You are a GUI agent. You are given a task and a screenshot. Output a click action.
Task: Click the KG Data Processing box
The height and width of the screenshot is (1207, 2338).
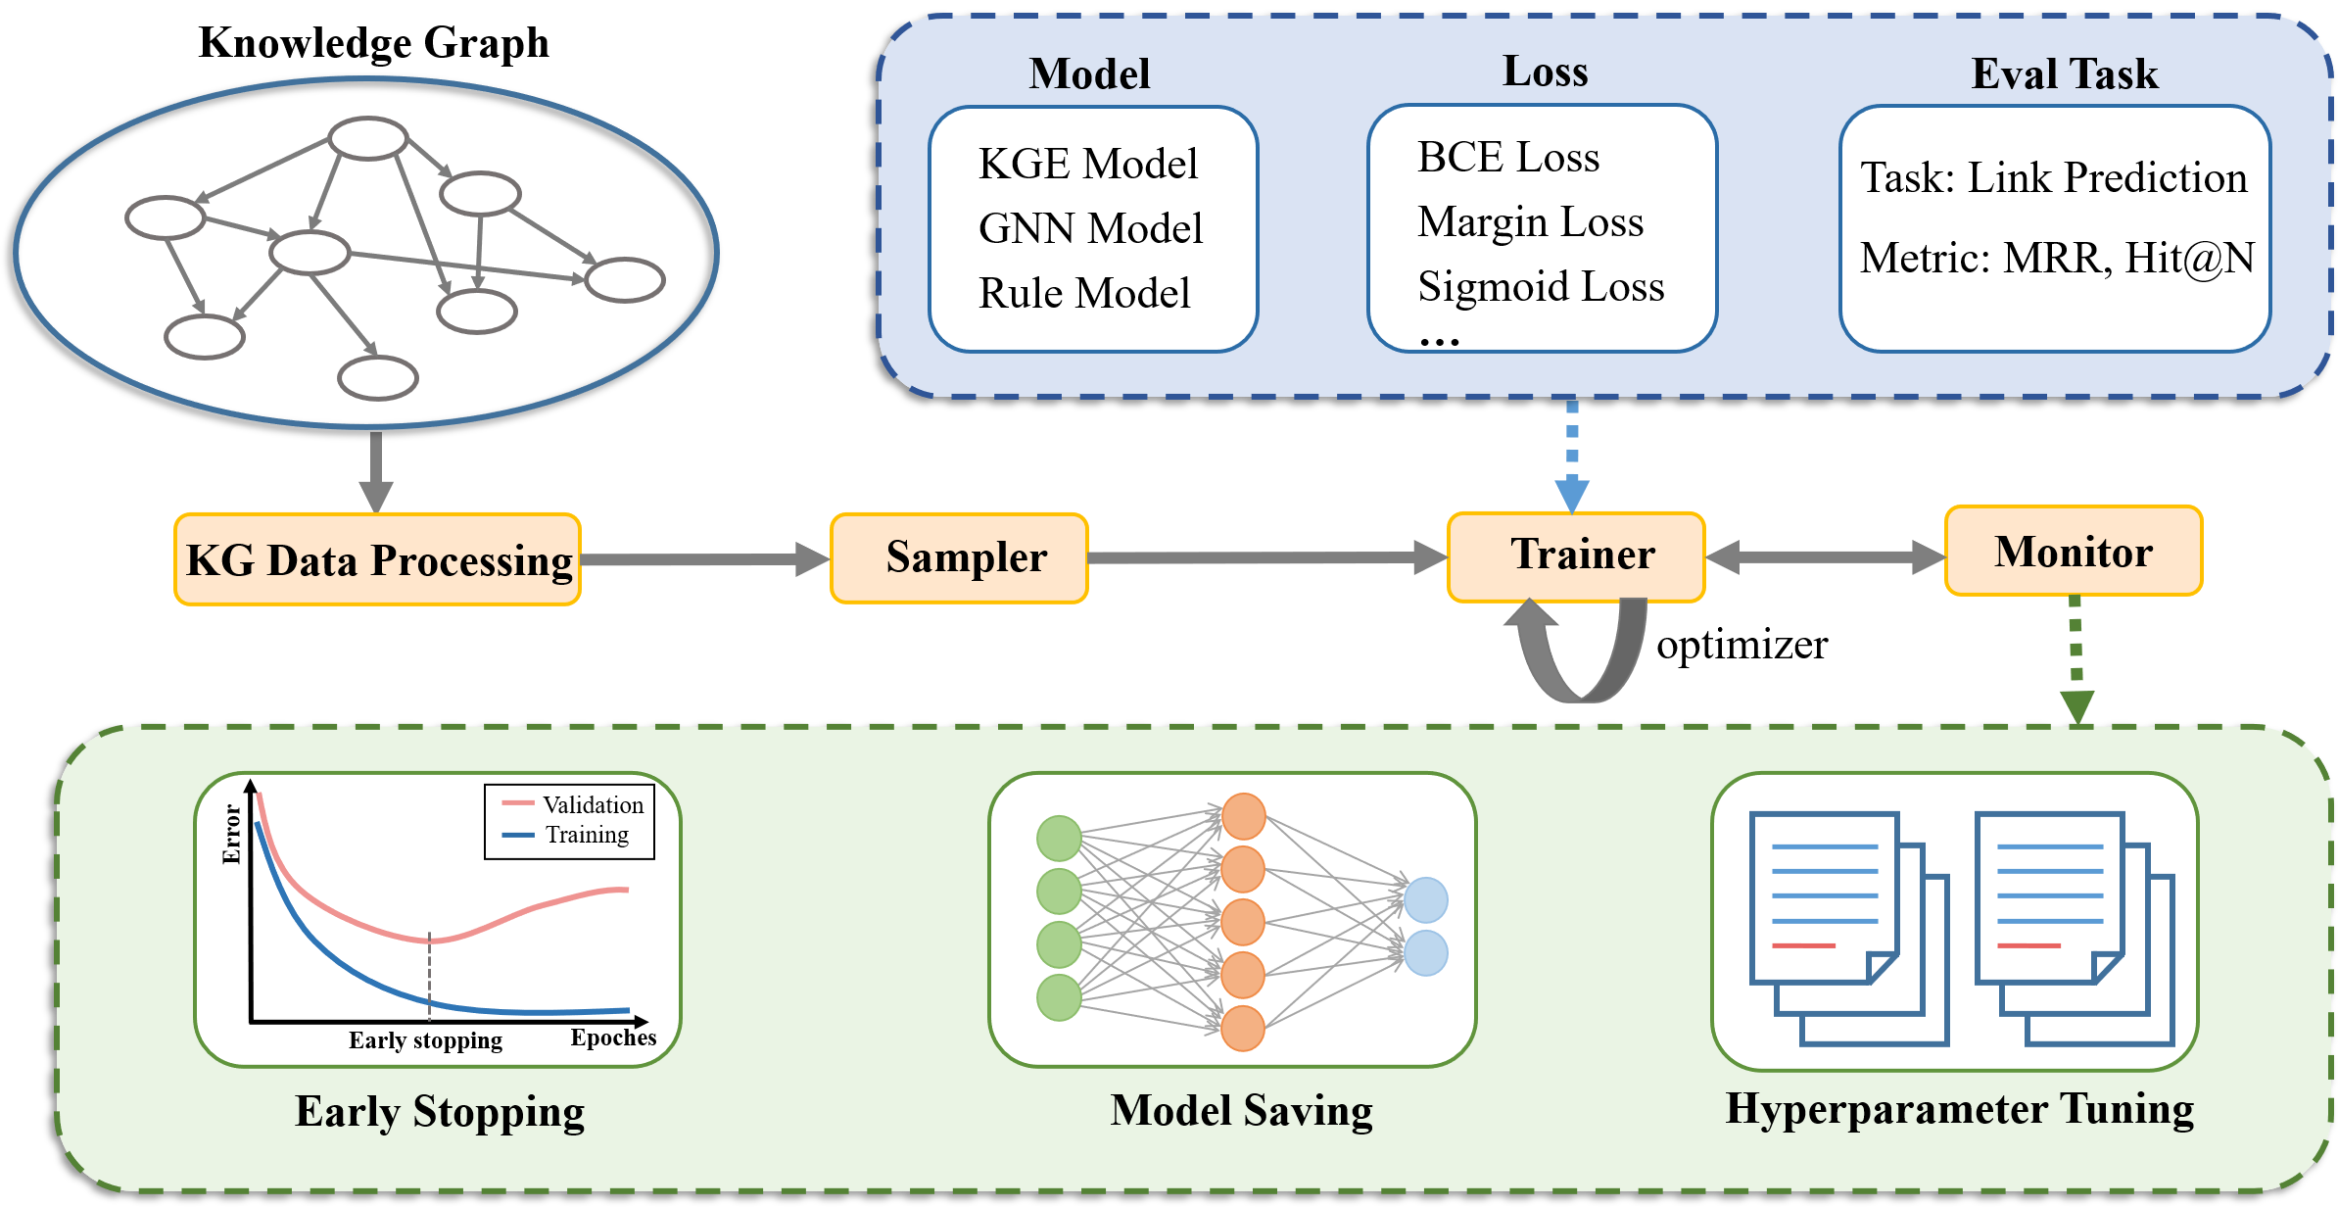click(377, 559)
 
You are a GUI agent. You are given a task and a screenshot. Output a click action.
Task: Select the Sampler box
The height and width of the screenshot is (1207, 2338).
click(959, 557)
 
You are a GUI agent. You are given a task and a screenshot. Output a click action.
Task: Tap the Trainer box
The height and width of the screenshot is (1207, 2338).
click(1576, 555)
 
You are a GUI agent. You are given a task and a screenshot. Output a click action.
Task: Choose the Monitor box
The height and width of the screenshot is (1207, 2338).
click(2074, 552)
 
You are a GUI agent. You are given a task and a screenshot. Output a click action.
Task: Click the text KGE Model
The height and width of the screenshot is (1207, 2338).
click(1087, 164)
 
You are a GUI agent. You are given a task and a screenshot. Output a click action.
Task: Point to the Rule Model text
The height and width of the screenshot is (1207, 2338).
click(1084, 293)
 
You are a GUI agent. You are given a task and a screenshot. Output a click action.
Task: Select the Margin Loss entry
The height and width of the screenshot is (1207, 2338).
click(1530, 221)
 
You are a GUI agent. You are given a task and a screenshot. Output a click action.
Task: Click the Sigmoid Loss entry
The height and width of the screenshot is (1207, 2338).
click(1541, 286)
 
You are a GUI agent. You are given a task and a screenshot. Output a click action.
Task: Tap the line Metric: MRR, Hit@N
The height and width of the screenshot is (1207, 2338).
click(2057, 258)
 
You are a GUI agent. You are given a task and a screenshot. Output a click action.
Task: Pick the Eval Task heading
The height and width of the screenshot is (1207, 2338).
click(2065, 74)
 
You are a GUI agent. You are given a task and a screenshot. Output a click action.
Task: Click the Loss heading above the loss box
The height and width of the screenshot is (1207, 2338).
click(1546, 72)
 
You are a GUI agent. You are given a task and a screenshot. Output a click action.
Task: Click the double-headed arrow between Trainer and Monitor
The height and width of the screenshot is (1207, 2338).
click(1825, 557)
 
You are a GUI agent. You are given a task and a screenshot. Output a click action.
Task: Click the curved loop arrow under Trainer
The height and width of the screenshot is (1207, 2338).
click(1581, 656)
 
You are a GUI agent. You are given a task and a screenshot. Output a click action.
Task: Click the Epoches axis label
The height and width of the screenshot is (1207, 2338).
click(613, 1038)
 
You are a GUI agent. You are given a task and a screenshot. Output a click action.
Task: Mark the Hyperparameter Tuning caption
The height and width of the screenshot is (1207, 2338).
click(1959, 1109)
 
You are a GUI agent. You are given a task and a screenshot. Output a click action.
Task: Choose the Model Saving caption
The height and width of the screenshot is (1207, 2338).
click(1241, 1111)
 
